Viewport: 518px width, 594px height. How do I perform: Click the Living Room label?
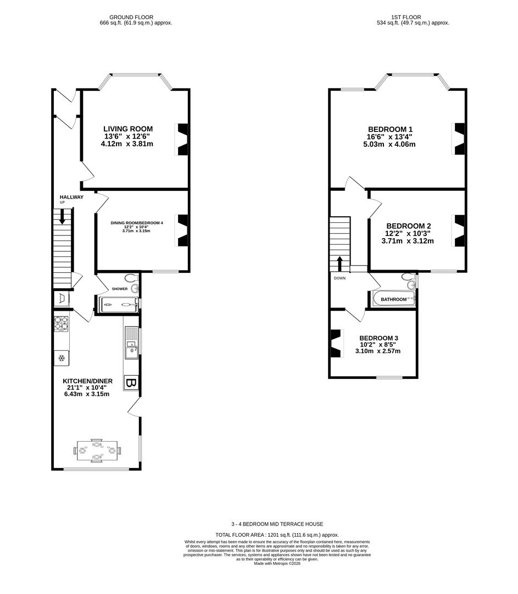128,129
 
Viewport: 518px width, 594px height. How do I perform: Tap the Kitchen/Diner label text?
87,381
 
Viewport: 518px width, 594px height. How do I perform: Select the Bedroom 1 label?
390,129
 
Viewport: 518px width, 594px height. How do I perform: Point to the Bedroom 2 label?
408,226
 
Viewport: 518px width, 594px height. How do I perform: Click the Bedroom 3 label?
378,338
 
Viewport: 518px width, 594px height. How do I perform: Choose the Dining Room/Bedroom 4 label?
137,222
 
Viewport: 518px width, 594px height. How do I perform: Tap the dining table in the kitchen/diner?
97,451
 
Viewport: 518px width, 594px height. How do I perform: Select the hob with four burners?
61,323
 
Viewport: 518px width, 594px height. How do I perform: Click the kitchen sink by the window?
131,350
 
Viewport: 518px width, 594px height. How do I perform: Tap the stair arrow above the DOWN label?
340,264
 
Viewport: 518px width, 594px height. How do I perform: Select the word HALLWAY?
71,197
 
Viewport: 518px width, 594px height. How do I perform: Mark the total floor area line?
277,535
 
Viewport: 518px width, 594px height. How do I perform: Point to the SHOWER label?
119,289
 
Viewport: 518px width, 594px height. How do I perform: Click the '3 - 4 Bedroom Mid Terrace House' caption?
277,524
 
